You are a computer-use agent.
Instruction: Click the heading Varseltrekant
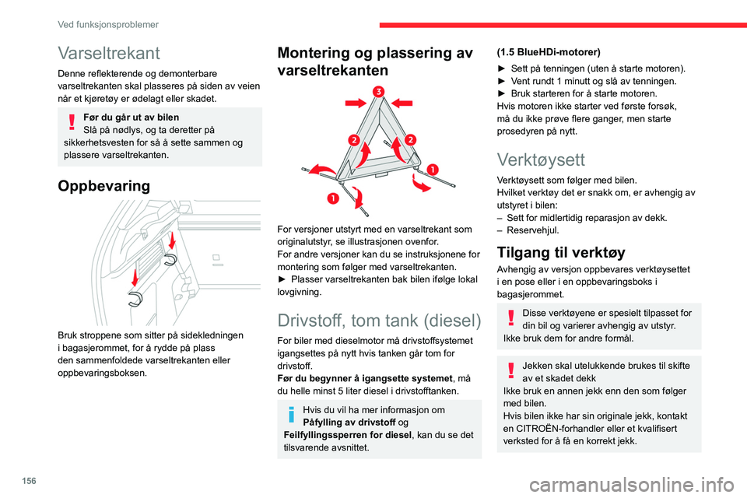(109, 53)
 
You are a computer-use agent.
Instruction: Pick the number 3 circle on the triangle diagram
(378, 93)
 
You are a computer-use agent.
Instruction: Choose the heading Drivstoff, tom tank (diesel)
(379, 321)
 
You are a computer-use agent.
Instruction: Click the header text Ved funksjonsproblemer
(108, 24)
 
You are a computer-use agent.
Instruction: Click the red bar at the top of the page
(560, 24)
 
